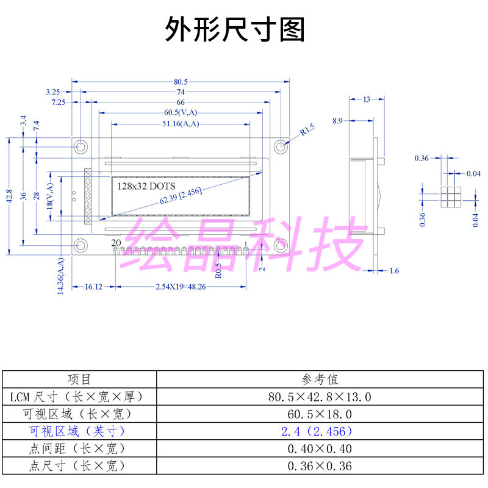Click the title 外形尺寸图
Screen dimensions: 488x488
pos(235,29)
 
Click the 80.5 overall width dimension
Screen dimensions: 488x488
pos(181,82)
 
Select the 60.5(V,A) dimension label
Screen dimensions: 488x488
pos(181,112)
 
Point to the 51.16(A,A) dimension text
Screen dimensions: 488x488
pos(181,124)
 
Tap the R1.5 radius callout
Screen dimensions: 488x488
pos(307,129)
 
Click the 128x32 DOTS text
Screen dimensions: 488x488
pos(146,185)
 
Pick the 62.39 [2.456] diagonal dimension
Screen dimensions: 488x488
pos(181,196)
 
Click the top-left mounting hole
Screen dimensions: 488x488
pos(81,147)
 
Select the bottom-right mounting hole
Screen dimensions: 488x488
pos(281,245)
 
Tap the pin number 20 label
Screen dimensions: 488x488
pos(117,243)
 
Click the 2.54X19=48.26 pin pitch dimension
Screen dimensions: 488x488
pos(180,287)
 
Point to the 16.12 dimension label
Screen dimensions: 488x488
pos(93,287)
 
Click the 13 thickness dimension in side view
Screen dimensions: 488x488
pos(366,99)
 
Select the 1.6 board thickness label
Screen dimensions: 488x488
pos(393,270)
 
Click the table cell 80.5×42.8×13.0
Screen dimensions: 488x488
pos(320,396)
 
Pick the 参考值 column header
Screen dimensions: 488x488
pos(320,379)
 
